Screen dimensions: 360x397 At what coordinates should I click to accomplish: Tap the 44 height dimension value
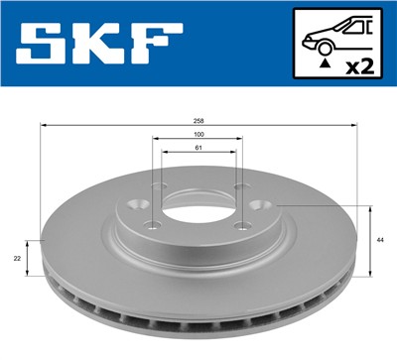(381, 241)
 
